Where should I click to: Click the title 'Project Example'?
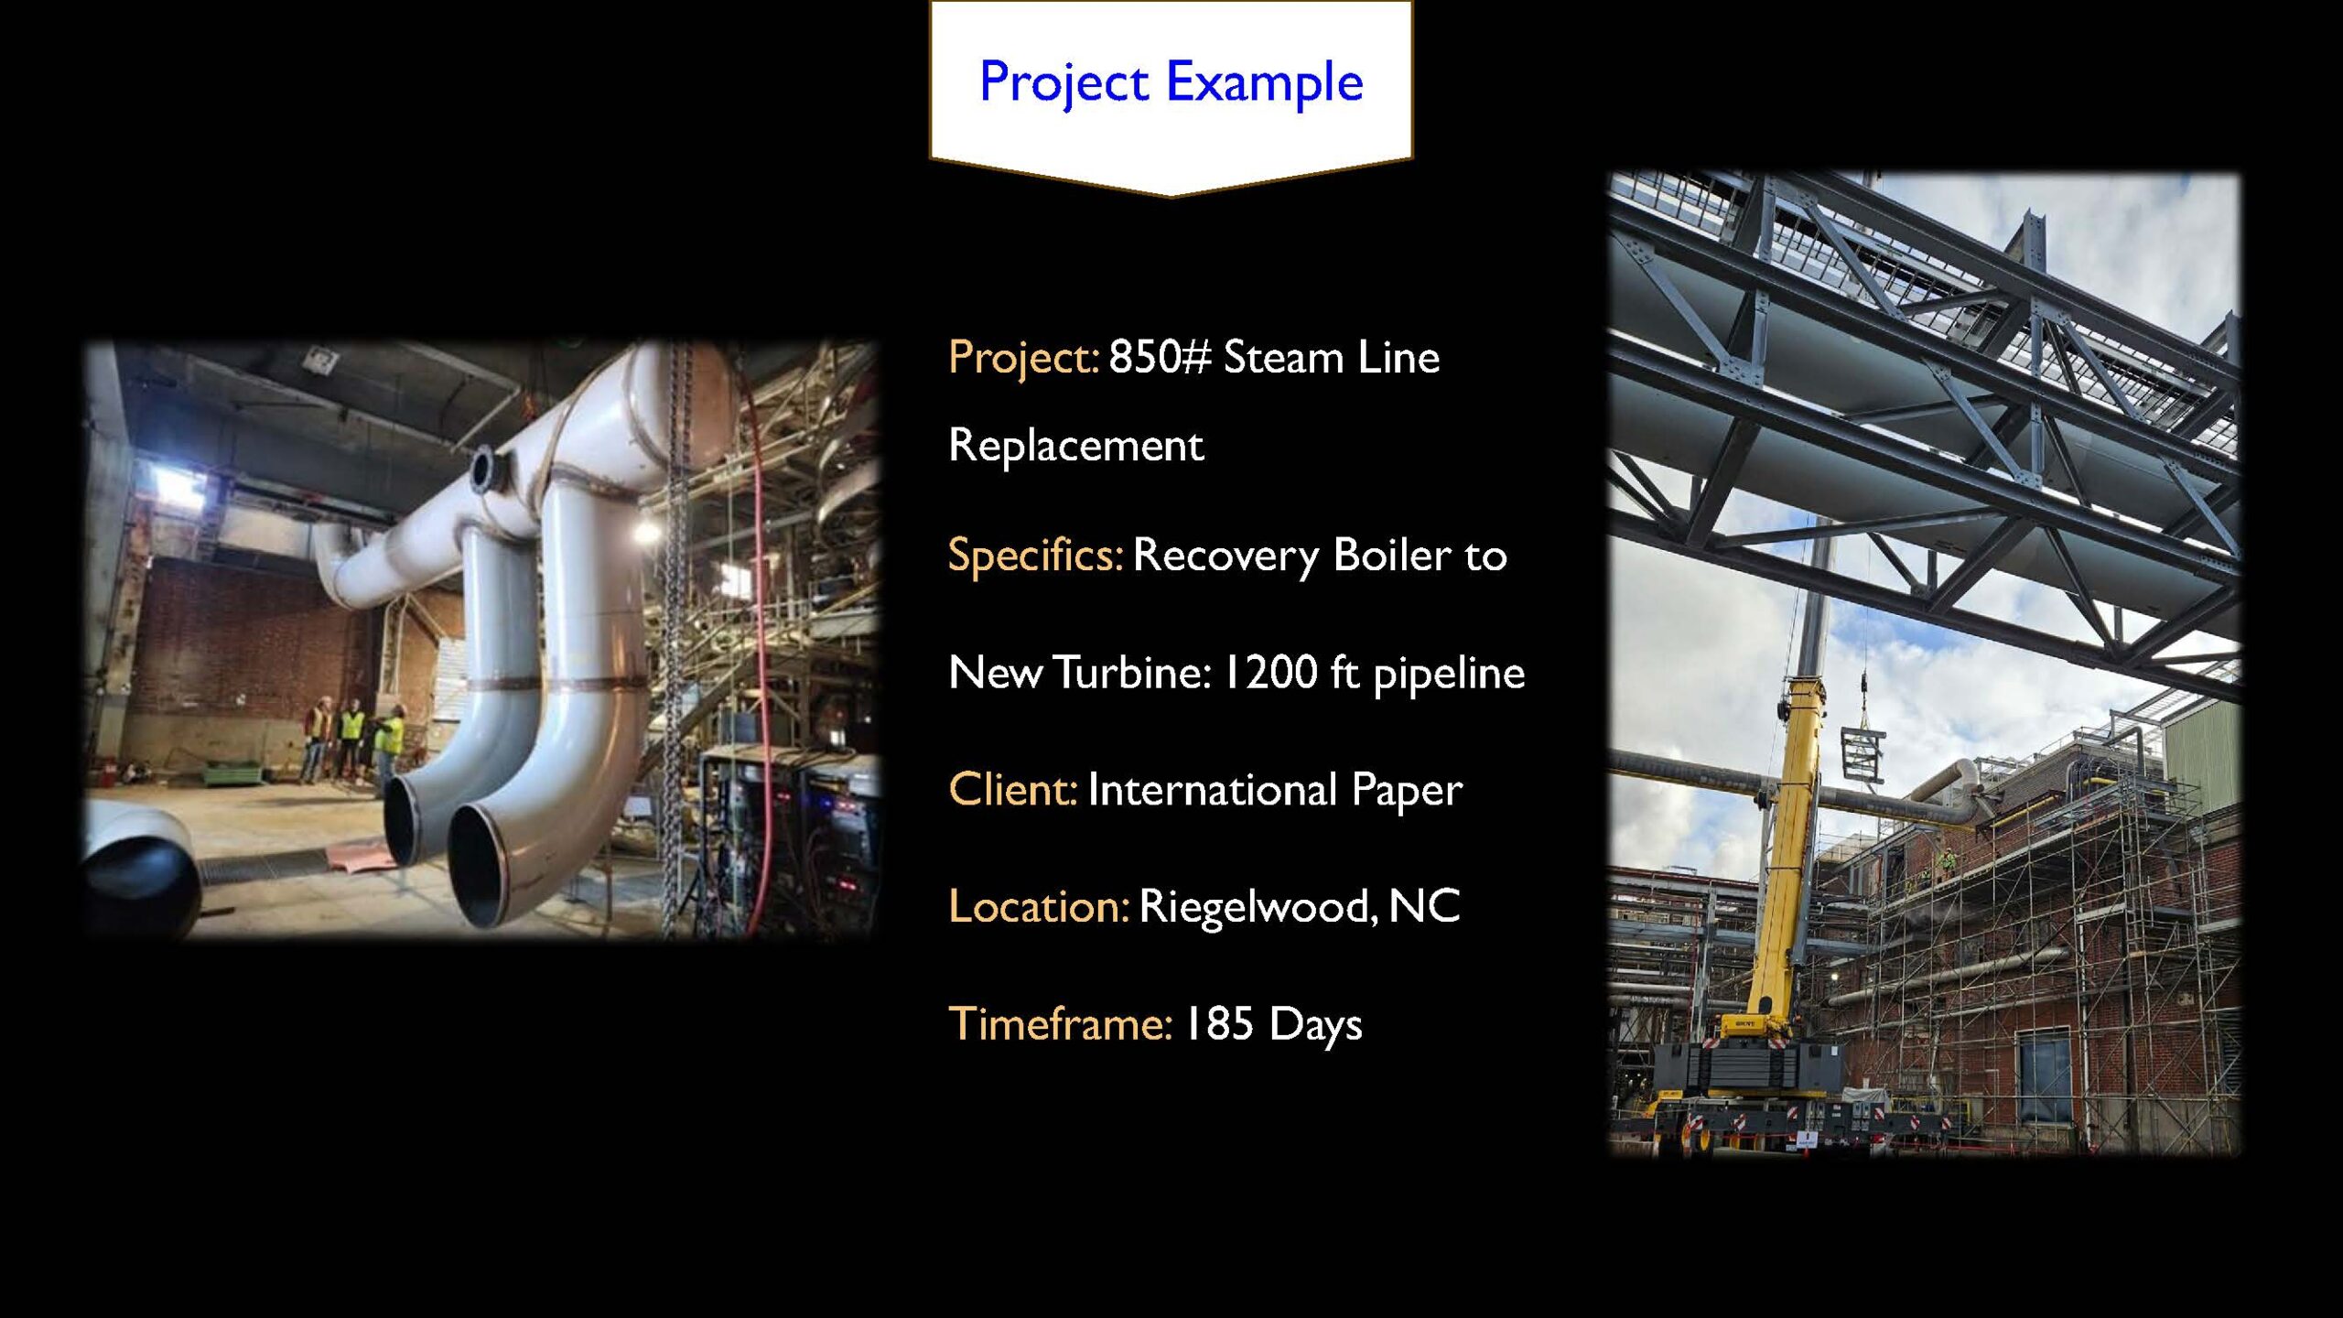(1171, 81)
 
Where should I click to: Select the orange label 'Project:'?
(1023, 357)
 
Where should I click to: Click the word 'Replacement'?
(1075, 445)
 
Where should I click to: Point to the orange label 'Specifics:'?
(1035, 555)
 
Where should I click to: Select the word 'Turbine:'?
(1132, 672)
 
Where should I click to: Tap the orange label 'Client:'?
(1013, 789)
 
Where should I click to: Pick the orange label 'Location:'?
(1039, 906)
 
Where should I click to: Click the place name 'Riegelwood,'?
(1258, 907)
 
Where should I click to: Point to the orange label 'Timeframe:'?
(1060, 1023)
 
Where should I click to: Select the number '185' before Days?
(1219, 1023)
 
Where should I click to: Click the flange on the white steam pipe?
(486, 472)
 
